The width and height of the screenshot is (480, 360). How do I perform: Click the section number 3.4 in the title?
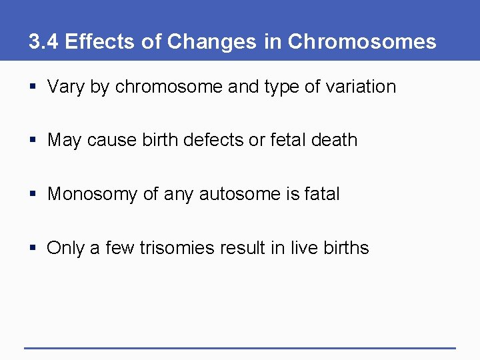[x=43, y=42]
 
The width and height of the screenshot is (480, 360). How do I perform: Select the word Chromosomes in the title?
[x=361, y=42]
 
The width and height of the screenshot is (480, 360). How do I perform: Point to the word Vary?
[x=65, y=87]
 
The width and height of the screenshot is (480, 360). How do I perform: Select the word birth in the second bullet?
[x=159, y=140]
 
